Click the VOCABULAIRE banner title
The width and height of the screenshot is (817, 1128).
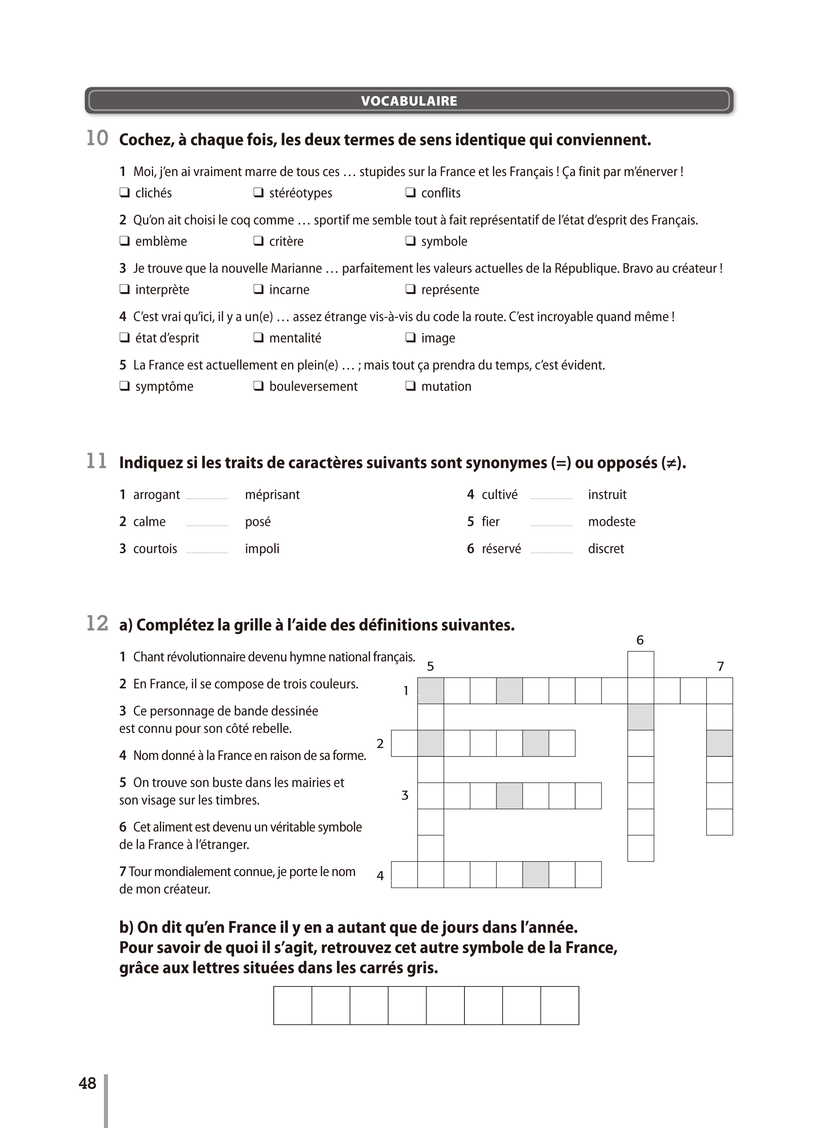click(409, 101)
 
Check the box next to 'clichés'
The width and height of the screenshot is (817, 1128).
click(124, 193)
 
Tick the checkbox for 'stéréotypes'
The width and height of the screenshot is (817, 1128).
click(258, 193)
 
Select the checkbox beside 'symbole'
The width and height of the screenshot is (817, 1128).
click(410, 241)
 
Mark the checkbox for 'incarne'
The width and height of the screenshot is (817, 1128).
click(258, 289)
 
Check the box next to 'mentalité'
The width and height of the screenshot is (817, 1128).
click(258, 337)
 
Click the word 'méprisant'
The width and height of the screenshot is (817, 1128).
click(272, 494)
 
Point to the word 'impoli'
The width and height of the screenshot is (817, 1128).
click(262, 548)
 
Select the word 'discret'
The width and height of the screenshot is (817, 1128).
click(606, 548)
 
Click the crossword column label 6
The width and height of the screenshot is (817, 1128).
click(640, 640)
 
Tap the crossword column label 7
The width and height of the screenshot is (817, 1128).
click(720, 666)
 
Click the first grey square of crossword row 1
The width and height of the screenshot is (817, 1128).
click(431, 691)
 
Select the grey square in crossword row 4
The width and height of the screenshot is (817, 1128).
click(536, 875)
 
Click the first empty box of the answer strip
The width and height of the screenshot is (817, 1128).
click(293, 1006)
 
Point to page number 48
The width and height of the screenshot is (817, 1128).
click(88, 1083)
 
